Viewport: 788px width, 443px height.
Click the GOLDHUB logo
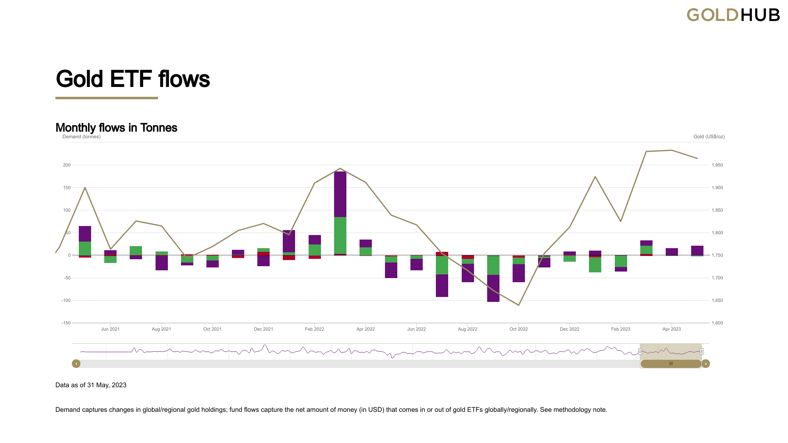tap(733, 15)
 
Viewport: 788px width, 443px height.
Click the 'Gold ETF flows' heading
tap(133, 79)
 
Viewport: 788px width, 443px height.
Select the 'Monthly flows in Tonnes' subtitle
tap(116, 128)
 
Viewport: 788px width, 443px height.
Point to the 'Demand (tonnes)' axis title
tap(81, 137)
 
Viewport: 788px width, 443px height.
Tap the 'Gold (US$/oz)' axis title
tap(709, 137)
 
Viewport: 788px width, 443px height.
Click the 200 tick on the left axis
tap(66, 165)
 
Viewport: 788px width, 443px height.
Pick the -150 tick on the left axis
tap(66, 323)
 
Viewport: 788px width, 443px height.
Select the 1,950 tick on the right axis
tap(717, 165)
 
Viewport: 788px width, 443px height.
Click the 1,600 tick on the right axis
tap(717, 323)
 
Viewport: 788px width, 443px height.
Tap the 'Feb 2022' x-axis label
tap(314, 329)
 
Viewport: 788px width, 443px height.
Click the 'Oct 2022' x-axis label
tap(518, 329)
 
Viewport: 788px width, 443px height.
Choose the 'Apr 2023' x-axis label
tap(671, 329)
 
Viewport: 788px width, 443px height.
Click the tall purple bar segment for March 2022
tap(340, 194)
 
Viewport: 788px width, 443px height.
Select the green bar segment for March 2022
tap(340, 235)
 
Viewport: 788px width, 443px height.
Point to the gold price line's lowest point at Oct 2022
tap(519, 305)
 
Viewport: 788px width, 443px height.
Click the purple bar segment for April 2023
tap(671, 251)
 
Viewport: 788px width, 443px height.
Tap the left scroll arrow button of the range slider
tap(76, 363)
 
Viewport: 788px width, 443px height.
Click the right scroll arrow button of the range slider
tap(706, 363)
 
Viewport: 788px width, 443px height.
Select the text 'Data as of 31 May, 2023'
tap(91, 385)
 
